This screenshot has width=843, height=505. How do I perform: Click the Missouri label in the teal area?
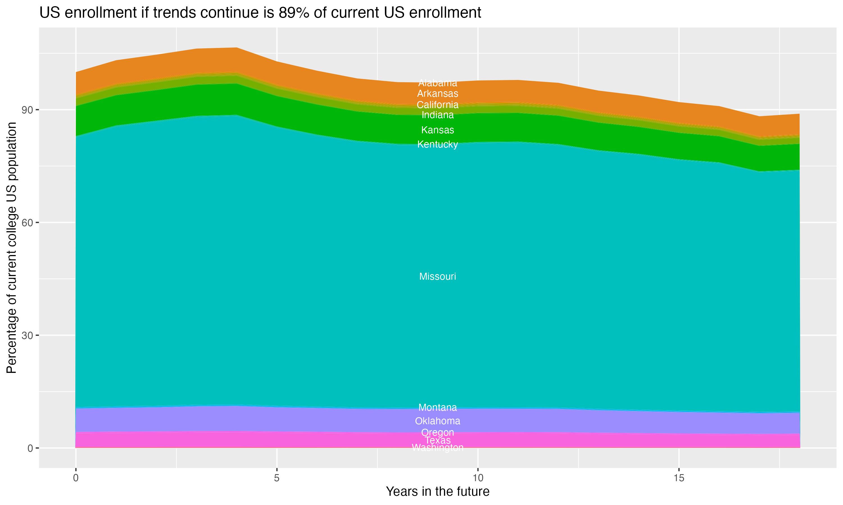(438, 276)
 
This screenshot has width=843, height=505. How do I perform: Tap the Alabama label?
(438, 83)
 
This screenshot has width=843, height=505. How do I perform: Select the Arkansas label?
(438, 94)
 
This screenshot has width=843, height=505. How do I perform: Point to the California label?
(438, 105)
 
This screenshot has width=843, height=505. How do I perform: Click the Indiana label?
(438, 115)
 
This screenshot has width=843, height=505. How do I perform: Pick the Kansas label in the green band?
(438, 130)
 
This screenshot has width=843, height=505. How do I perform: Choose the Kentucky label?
(438, 144)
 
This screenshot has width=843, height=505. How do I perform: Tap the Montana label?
(438, 407)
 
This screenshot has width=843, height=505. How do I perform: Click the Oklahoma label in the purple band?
(438, 421)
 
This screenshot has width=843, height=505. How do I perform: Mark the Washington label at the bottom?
(438, 448)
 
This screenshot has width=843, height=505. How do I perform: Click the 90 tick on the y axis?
(27, 110)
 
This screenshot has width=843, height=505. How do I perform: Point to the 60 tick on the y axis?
(27, 222)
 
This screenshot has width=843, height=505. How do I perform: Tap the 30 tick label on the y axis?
(27, 336)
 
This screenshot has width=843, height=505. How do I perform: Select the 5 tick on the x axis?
(277, 478)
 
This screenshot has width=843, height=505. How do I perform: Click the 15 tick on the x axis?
(679, 478)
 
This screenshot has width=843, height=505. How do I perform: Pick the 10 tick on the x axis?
(478, 478)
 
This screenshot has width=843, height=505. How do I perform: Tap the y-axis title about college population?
(12, 248)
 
